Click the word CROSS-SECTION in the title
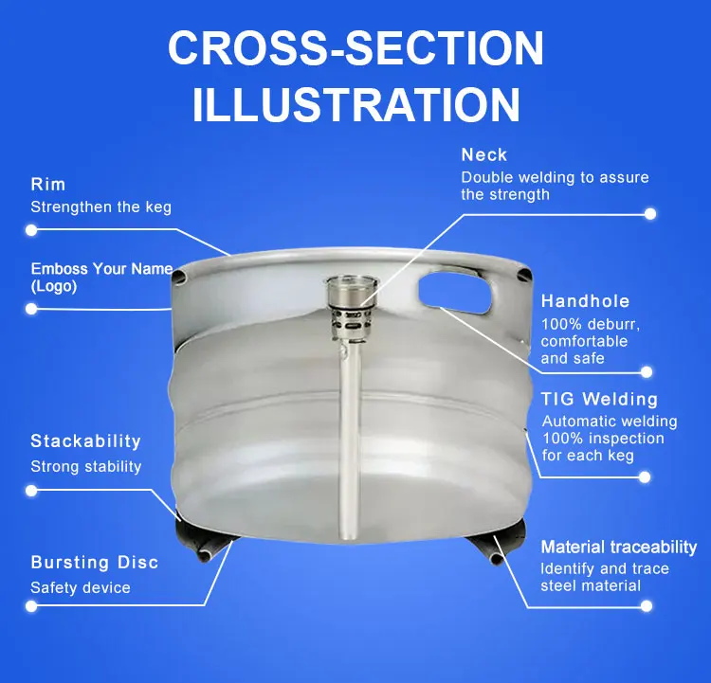[x=355, y=47]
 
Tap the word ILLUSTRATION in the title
[x=355, y=105]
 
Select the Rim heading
[x=48, y=185]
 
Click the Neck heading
[x=483, y=155]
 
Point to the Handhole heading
[x=585, y=301]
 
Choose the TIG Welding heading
[x=599, y=399]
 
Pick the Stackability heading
[x=85, y=441]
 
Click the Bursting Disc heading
[x=94, y=562]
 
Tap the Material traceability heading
[x=618, y=547]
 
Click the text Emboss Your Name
[x=101, y=269]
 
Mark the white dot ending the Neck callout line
[x=650, y=214]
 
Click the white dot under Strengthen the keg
[x=31, y=230]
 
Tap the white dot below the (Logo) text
[x=31, y=309]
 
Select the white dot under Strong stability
[x=31, y=491]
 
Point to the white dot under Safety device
[x=31, y=606]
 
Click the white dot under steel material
[x=647, y=606]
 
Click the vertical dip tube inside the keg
[x=348, y=440]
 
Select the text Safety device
[x=81, y=588]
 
